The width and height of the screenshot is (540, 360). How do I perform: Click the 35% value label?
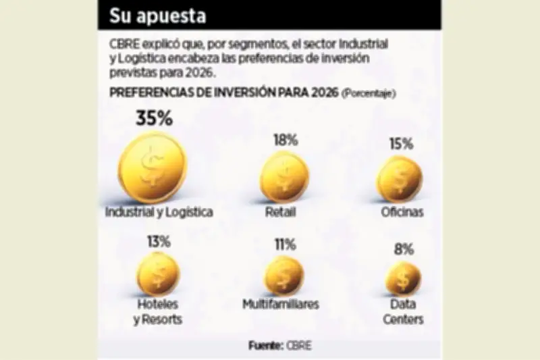point(155,119)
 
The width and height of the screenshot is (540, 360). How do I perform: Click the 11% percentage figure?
point(283,245)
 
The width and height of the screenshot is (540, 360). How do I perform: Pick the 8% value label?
point(404,251)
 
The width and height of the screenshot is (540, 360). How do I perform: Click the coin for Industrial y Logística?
point(153,167)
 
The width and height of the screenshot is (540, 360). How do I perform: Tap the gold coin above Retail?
point(284,177)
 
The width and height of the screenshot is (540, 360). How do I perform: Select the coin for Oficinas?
point(400,179)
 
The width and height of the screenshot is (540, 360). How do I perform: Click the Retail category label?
point(281,212)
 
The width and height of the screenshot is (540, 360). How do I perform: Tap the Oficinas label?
point(401,212)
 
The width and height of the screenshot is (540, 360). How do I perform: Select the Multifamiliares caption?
point(281,305)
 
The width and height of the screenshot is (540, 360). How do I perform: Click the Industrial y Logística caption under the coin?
point(159,212)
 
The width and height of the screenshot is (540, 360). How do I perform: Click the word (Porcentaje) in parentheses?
point(369,93)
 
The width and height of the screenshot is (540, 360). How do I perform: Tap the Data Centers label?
point(404,312)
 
